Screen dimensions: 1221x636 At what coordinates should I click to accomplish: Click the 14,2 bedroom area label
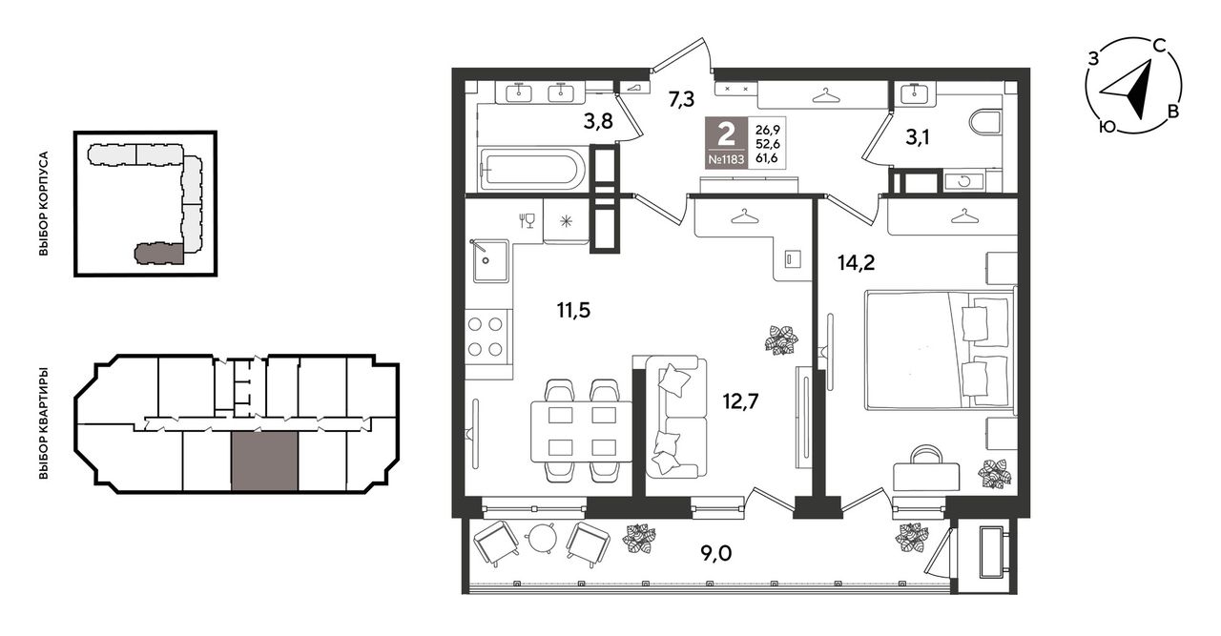tap(857, 263)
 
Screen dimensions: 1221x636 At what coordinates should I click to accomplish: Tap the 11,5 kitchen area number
tap(573, 311)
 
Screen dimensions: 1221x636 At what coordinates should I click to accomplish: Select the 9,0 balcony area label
tap(715, 554)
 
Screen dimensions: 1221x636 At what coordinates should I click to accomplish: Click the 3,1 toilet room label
tap(918, 137)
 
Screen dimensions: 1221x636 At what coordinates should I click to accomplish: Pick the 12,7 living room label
tap(740, 401)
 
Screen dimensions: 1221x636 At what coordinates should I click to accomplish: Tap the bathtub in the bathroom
tap(531, 168)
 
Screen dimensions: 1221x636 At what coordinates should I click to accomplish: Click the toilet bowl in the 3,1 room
tap(986, 127)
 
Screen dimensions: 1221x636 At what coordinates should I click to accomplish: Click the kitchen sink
tap(490, 261)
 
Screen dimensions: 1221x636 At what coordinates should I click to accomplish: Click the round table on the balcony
tap(542, 539)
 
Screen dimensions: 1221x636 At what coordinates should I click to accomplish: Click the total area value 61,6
tap(767, 158)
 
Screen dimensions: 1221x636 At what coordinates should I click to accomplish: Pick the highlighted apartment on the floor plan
tap(265, 462)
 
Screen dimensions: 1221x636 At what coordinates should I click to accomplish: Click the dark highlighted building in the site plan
tap(158, 254)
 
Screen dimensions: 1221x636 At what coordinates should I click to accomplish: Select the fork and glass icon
tap(527, 220)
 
